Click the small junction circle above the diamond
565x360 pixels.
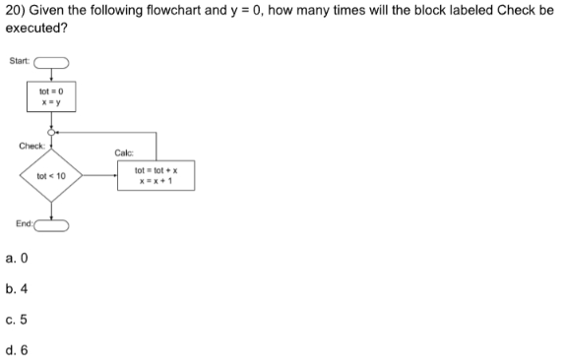pos(53,132)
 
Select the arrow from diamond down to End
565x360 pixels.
pos(53,210)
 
